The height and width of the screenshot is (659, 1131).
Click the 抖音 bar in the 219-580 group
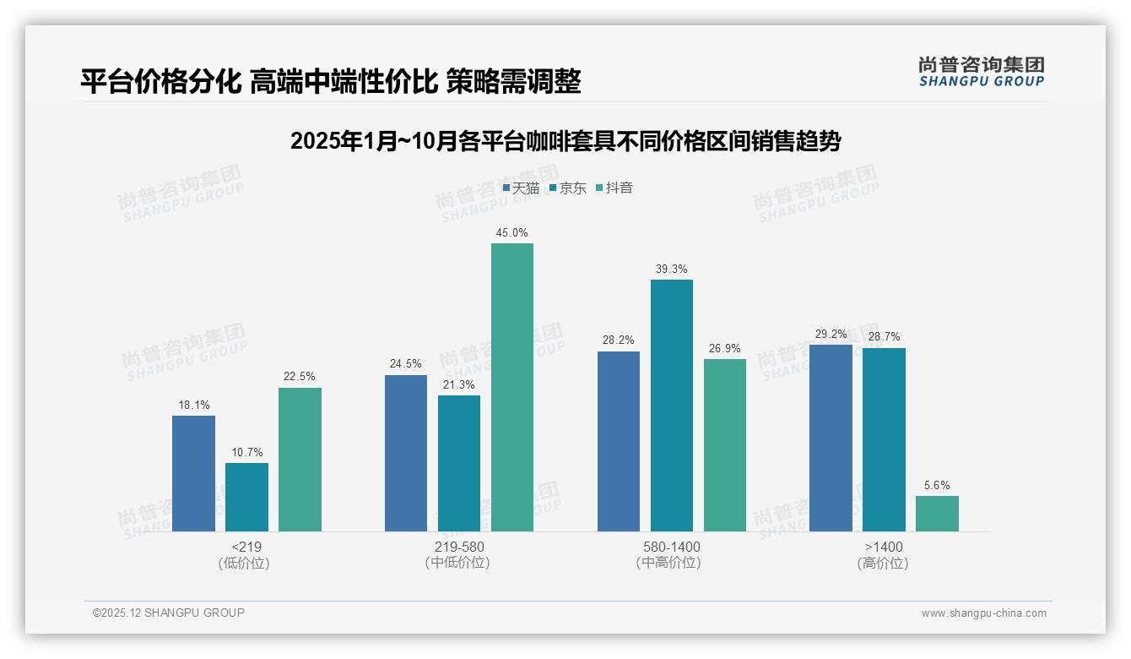pyautogui.click(x=512, y=387)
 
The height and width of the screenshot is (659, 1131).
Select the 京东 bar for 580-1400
pyautogui.click(x=672, y=406)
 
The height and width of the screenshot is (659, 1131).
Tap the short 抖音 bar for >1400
pyautogui.click(x=937, y=514)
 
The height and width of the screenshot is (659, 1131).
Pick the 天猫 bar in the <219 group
pyautogui.click(x=193, y=473)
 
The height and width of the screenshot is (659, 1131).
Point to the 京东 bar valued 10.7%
pyautogui.click(x=246, y=497)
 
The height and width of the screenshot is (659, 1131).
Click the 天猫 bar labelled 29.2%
pyautogui.click(x=831, y=438)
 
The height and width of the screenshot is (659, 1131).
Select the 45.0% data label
pyautogui.click(x=512, y=232)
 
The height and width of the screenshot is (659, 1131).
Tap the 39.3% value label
pyautogui.click(x=672, y=269)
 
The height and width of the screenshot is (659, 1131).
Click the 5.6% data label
pyautogui.click(x=937, y=485)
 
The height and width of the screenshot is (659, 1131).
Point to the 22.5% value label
pyautogui.click(x=300, y=377)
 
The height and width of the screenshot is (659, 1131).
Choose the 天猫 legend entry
pyautogui.click(x=521, y=188)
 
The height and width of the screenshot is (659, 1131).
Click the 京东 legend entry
pyautogui.click(x=567, y=188)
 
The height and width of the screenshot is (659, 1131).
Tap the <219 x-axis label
pyautogui.click(x=246, y=547)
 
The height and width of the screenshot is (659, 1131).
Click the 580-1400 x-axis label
pyautogui.click(x=671, y=547)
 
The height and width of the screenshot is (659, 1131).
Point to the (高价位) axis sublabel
pyautogui.click(x=883, y=563)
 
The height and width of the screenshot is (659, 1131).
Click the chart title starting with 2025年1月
pyautogui.click(x=565, y=141)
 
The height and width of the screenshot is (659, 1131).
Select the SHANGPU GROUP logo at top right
pyautogui.click(x=981, y=72)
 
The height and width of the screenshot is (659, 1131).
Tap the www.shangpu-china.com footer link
pyautogui.click(x=983, y=613)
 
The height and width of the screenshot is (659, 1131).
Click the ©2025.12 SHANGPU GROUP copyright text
pyautogui.click(x=169, y=613)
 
